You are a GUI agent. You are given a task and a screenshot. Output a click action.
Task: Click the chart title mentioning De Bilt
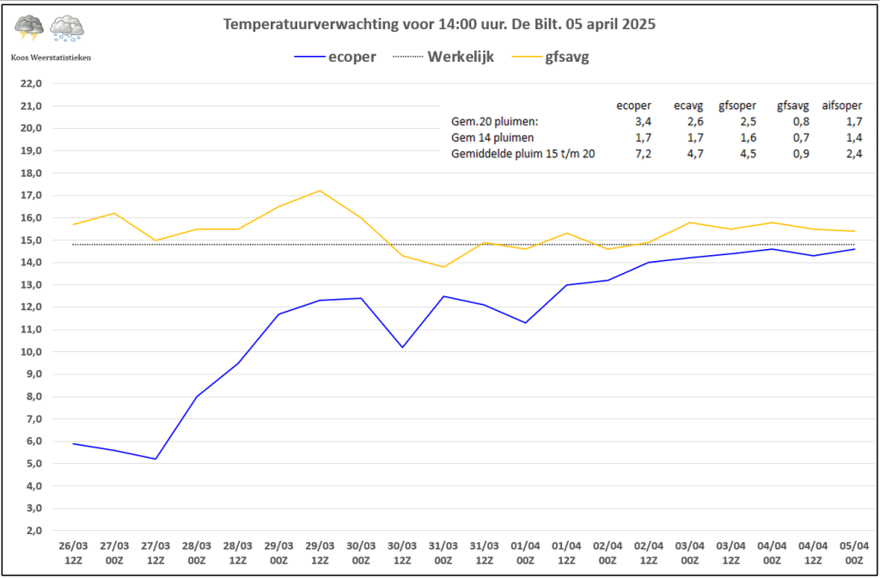click(x=439, y=25)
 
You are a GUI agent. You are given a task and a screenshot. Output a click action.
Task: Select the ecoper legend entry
click(x=334, y=58)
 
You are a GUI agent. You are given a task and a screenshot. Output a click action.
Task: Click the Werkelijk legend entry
click(x=448, y=58)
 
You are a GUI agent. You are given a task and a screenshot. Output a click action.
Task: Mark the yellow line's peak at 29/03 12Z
click(x=320, y=191)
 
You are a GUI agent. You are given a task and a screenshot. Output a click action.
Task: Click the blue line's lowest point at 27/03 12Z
click(x=156, y=459)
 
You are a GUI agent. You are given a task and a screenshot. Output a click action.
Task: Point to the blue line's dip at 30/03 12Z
click(x=402, y=348)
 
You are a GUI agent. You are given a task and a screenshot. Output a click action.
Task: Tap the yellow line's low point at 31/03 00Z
click(x=443, y=267)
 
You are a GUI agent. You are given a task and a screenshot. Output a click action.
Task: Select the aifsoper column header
click(x=842, y=105)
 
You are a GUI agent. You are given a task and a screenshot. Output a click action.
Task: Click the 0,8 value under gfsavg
click(x=801, y=121)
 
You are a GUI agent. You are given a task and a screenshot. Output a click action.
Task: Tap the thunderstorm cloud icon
click(x=29, y=28)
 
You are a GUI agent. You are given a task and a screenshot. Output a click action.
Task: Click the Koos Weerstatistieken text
click(x=51, y=58)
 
